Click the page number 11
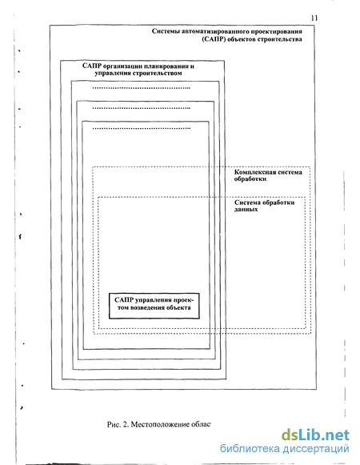(314, 18)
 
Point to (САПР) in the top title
(214, 39)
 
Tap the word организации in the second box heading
(120, 66)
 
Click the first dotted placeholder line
(141, 88)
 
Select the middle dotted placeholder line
(141, 108)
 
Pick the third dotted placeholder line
(141, 128)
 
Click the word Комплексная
(254, 172)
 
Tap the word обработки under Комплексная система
(250, 178)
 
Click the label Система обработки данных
(264, 206)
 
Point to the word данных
(246, 210)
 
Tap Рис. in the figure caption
(114, 424)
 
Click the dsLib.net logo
(315, 435)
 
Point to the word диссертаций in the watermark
(316, 449)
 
